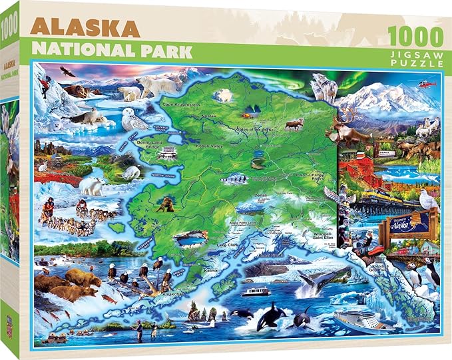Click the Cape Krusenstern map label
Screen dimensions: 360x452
180,104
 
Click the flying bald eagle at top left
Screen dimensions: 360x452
67,70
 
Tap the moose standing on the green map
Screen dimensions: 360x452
294,124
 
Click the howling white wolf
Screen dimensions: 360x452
326,88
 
